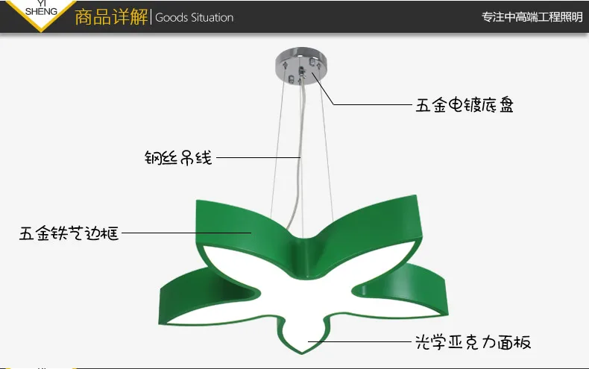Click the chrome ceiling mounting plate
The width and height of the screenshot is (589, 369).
click(x=301, y=66)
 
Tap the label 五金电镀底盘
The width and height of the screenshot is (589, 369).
click(x=464, y=105)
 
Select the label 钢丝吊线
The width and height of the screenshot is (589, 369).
click(x=178, y=157)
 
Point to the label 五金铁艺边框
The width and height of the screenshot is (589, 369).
click(x=69, y=233)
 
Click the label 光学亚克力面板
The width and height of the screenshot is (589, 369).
click(x=473, y=342)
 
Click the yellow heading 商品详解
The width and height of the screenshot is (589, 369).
click(x=111, y=17)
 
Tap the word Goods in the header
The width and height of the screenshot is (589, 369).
click(x=171, y=18)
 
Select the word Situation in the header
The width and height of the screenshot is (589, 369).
click(x=212, y=18)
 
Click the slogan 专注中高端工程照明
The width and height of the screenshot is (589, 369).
click(x=532, y=17)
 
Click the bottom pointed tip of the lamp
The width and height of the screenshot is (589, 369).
click(x=302, y=353)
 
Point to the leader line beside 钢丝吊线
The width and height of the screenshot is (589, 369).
click(x=259, y=157)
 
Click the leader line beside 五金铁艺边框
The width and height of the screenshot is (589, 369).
click(x=186, y=233)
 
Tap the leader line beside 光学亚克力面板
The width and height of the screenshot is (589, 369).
click(x=359, y=341)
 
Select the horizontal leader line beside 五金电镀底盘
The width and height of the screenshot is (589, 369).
click(x=373, y=104)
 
